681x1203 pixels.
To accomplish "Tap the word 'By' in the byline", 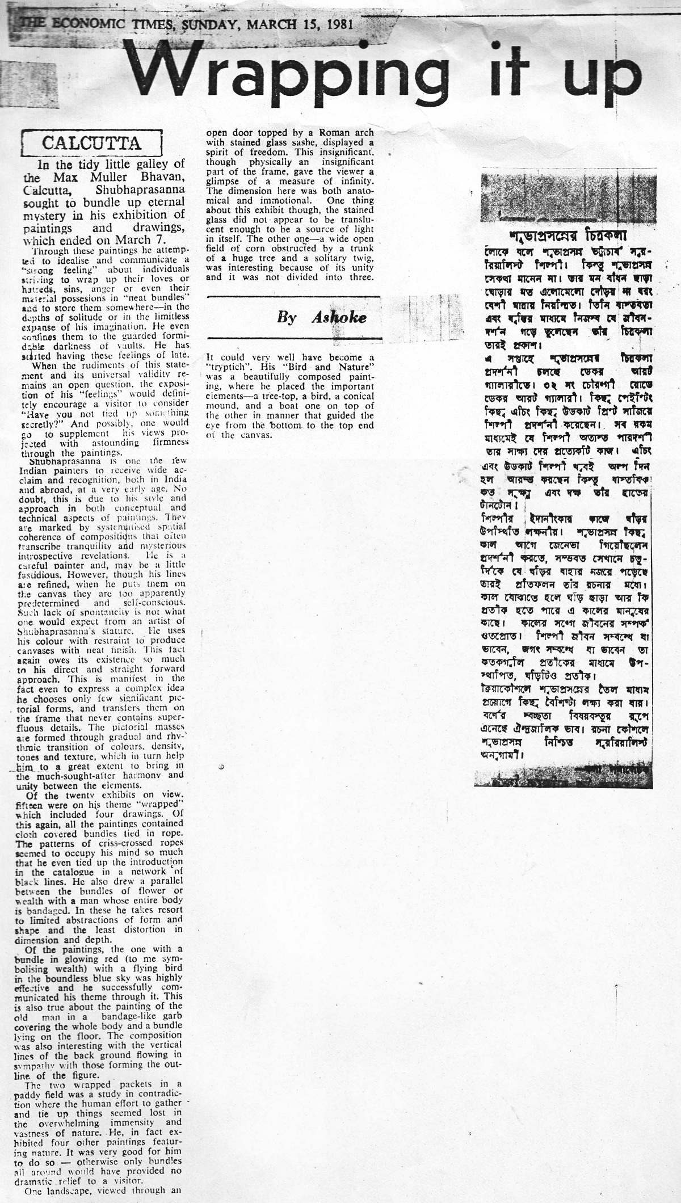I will (x=287, y=318).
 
